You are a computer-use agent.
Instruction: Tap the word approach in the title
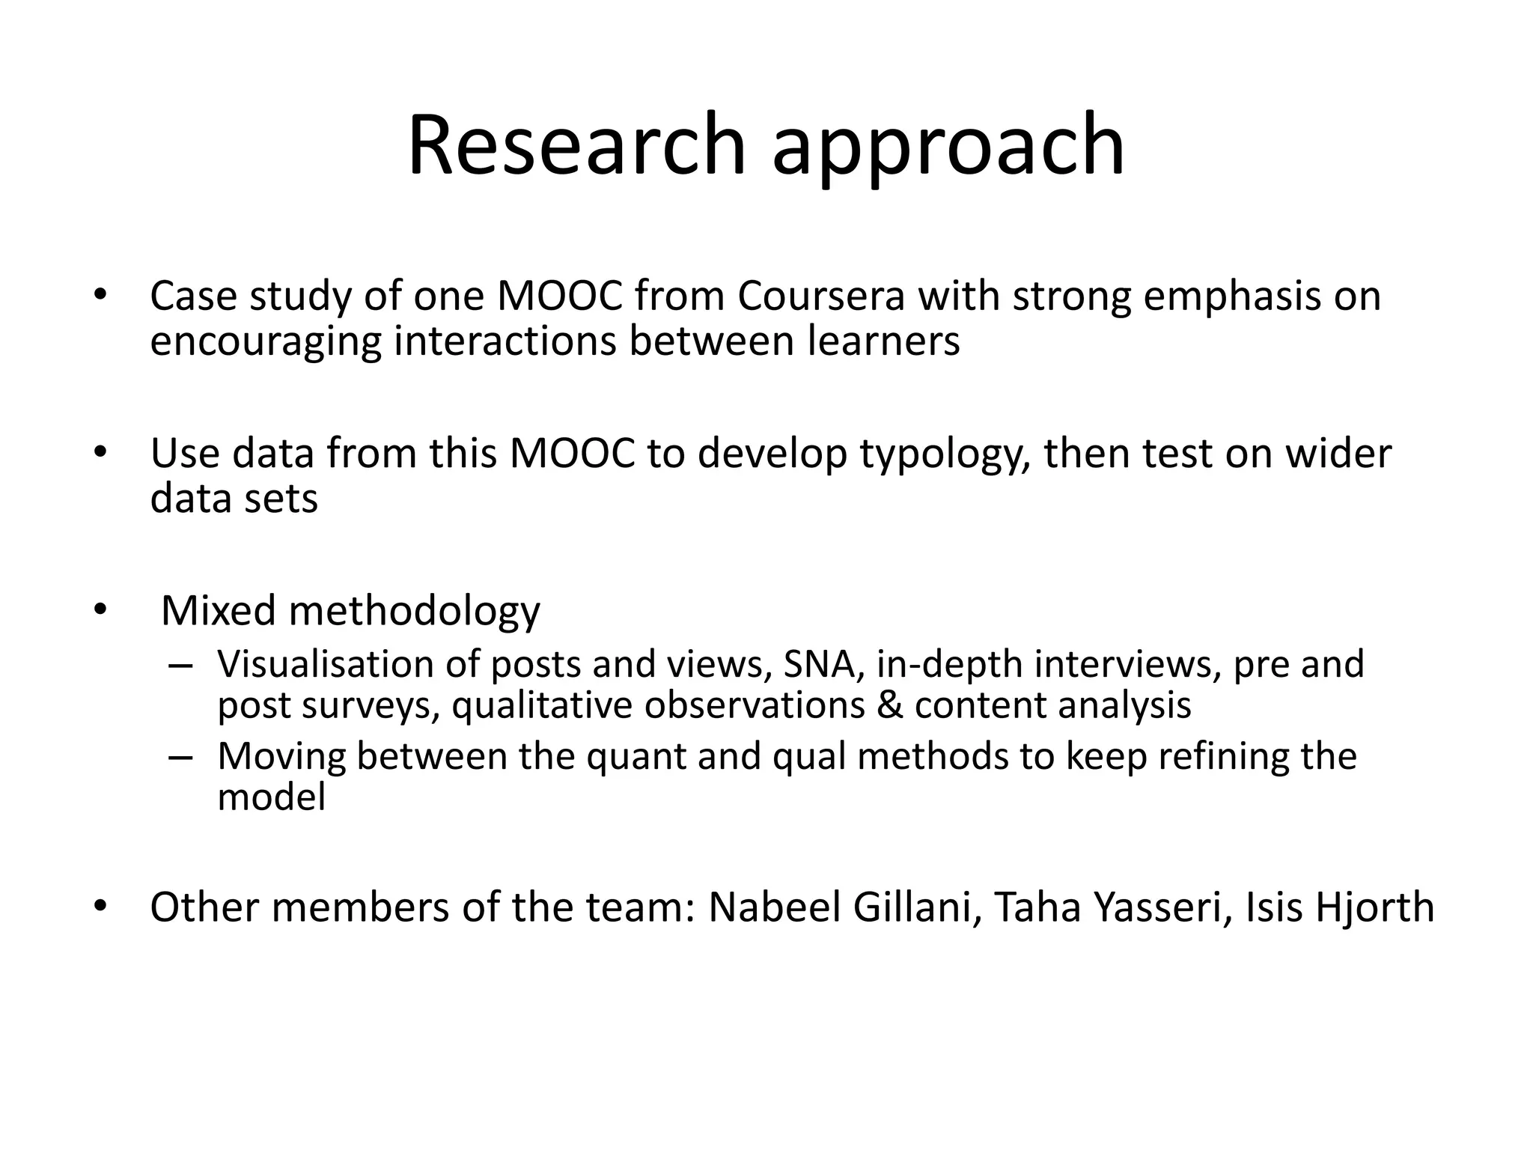click(x=948, y=150)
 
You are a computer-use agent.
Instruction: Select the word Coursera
click(x=821, y=296)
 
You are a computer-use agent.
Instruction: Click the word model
click(x=271, y=797)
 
